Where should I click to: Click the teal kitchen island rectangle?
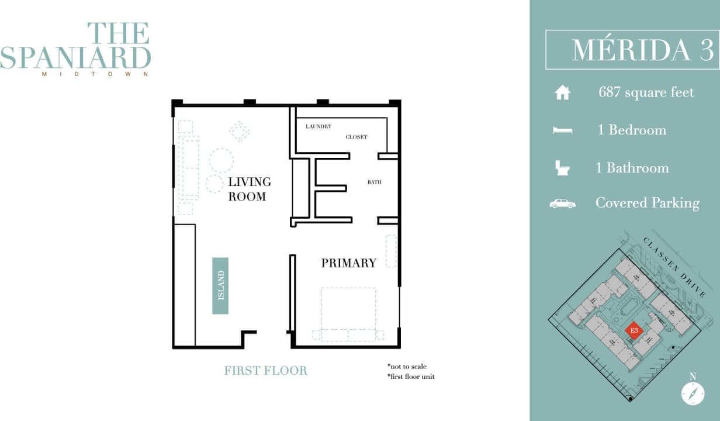click(x=220, y=286)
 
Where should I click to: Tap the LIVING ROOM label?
click(x=247, y=189)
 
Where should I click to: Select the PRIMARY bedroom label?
click(x=348, y=263)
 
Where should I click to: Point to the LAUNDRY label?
click(x=319, y=126)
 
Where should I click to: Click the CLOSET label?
click(x=356, y=137)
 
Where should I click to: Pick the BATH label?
click(x=374, y=182)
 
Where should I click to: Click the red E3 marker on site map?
click(x=634, y=332)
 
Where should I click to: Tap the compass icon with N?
click(x=693, y=393)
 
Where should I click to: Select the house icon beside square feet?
click(x=562, y=93)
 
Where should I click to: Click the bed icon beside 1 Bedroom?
click(x=562, y=130)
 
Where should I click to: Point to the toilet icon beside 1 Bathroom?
click(x=562, y=168)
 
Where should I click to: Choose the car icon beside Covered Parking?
click(x=562, y=203)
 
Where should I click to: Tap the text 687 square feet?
click(x=646, y=92)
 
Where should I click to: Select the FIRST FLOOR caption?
click(x=265, y=371)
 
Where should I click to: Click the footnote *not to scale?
click(x=407, y=367)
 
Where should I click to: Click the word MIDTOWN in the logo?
click(x=95, y=74)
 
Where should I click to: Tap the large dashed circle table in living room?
click(x=221, y=160)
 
